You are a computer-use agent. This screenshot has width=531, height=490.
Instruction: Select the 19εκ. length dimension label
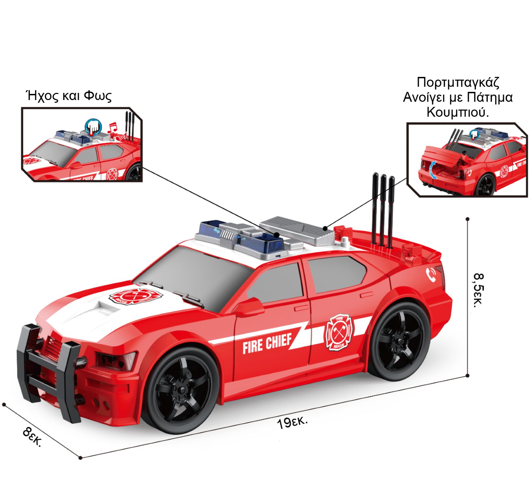click(x=292, y=423)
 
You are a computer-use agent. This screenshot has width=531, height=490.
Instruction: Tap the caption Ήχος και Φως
click(x=69, y=96)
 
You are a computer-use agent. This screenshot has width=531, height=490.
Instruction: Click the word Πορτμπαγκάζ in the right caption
click(x=458, y=82)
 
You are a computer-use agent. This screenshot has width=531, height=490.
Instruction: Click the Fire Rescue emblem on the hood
click(x=135, y=296)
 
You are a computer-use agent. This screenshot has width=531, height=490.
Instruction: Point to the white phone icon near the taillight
click(x=431, y=274)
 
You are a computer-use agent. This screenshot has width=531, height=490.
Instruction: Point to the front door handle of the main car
click(x=301, y=308)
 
